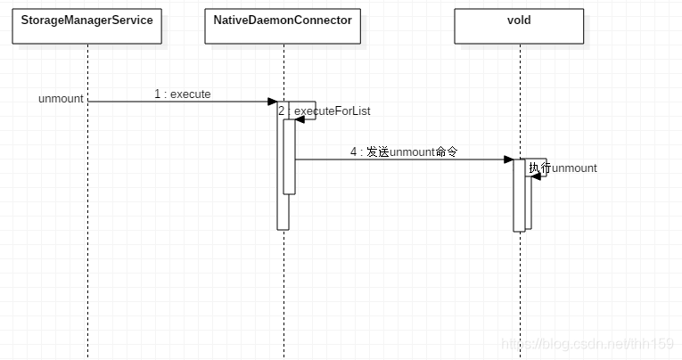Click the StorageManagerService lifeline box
point(87,27)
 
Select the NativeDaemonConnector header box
point(283,27)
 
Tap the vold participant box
point(519,27)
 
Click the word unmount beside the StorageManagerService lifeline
point(61,98)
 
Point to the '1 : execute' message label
point(182,94)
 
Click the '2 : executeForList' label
point(325,111)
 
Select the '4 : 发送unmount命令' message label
point(403,152)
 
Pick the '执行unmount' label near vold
point(563,168)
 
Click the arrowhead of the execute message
point(273,102)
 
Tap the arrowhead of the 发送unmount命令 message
point(508,160)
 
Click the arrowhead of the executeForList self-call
point(300,119)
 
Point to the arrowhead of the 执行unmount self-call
point(536,176)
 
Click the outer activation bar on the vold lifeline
point(518,205)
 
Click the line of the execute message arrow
point(178,102)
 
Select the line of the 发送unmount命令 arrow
point(401,160)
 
